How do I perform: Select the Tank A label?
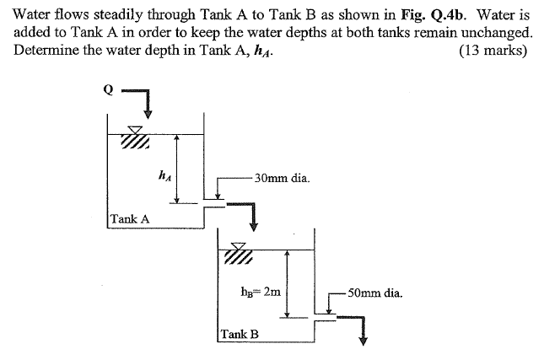point(130,218)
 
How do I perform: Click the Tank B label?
point(240,334)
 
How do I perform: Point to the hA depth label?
point(164,175)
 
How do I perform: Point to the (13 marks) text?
point(493,50)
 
